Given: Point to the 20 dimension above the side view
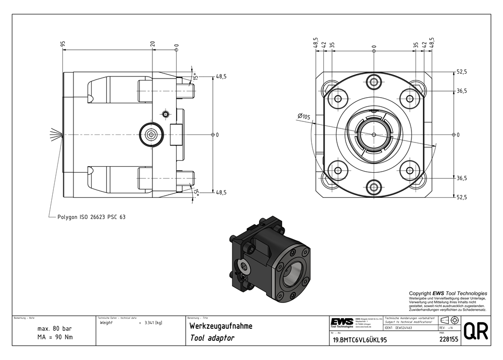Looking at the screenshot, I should click(152, 45).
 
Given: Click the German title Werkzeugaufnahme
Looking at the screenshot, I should click(220, 326).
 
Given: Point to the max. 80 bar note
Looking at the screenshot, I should click(55, 328).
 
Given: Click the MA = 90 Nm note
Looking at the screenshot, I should click(55, 337).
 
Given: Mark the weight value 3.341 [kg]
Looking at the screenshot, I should click(152, 323).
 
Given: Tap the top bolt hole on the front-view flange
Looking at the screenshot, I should click(374, 81).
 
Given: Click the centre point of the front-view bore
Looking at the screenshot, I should click(374, 134).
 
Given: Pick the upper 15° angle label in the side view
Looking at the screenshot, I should click(196, 77).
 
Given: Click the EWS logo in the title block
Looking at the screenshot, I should click(341, 322).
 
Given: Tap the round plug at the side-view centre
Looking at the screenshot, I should click(151, 134).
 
